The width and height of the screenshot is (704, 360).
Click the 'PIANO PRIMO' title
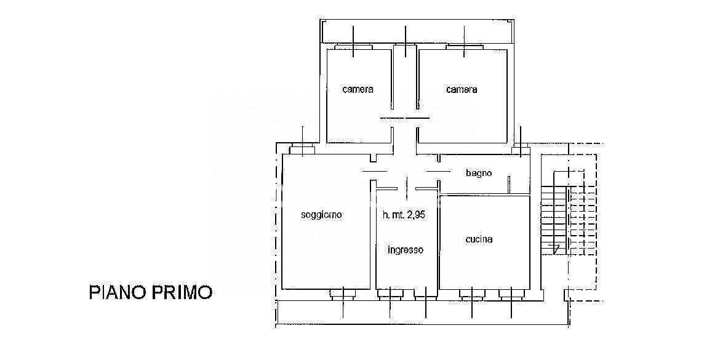point(150,292)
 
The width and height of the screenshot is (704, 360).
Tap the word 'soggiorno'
point(321,215)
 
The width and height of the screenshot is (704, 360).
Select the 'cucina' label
point(479,239)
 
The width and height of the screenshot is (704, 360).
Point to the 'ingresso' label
point(406,250)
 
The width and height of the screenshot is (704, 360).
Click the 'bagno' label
point(479,173)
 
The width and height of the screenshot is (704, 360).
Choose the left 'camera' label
point(358,89)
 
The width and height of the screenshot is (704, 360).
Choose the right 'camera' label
point(462,89)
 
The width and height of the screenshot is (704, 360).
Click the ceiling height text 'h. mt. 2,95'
point(404,215)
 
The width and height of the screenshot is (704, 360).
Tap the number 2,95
point(416,215)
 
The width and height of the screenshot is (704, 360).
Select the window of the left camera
point(353,47)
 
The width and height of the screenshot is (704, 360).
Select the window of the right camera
point(464,47)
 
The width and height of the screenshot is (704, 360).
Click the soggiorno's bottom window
point(343,294)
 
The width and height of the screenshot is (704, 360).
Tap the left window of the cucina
point(472,294)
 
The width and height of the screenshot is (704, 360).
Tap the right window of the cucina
point(511,294)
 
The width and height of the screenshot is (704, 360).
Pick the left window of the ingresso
point(390,294)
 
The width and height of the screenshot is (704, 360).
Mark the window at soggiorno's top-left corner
point(302,149)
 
